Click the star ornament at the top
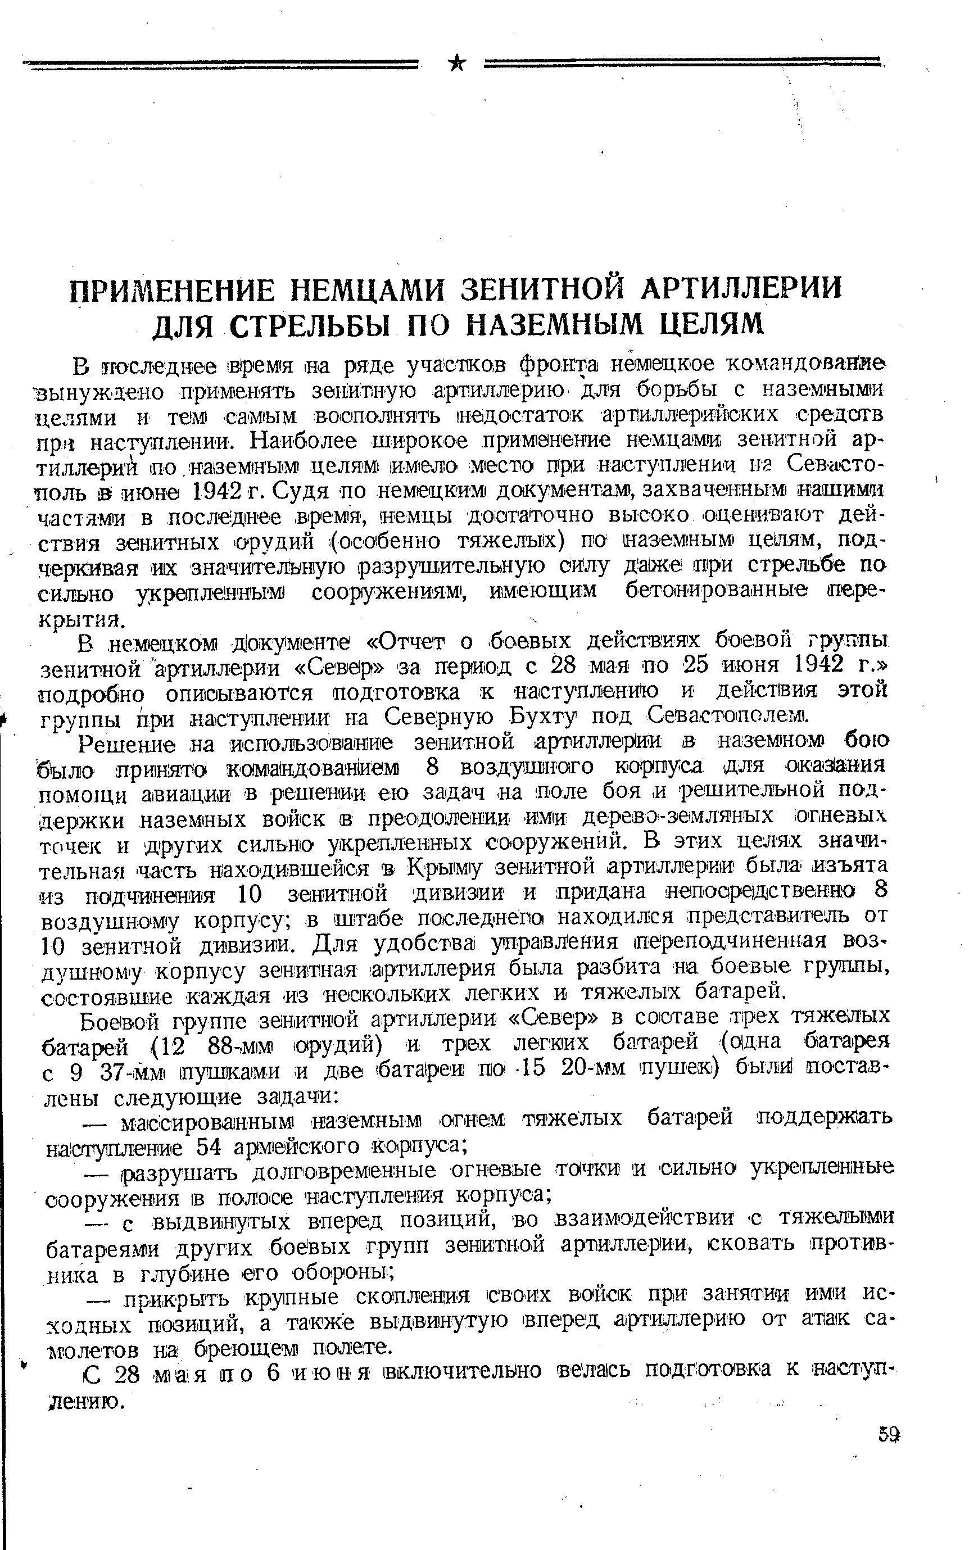click(x=457, y=64)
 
